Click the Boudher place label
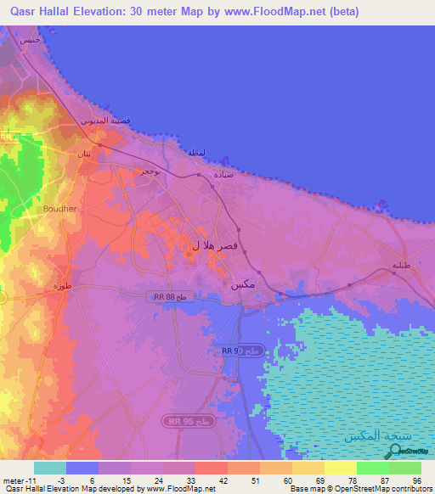point(59,208)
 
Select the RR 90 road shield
point(230,351)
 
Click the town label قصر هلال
point(206,244)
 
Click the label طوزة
point(60,287)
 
